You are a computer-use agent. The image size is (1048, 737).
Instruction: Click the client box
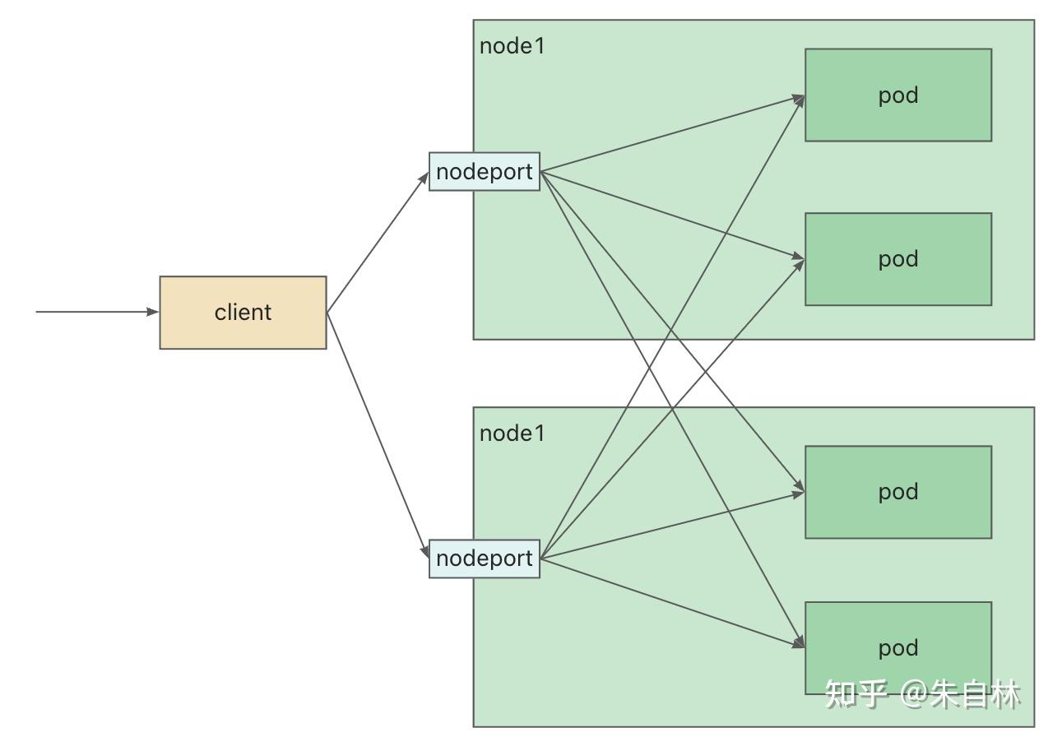(243, 313)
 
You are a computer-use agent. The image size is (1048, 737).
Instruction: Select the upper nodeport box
(485, 172)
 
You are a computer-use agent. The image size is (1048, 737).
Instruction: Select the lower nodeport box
(485, 559)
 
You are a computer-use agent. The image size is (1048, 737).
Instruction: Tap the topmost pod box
(898, 95)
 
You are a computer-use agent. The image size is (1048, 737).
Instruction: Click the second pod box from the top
(898, 259)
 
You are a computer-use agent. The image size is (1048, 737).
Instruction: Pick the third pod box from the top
(898, 492)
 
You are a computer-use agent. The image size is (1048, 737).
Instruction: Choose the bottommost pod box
(898, 648)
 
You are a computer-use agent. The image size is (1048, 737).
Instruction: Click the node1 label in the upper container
(512, 46)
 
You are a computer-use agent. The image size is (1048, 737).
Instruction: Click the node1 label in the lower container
(512, 433)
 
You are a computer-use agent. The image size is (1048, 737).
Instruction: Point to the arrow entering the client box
(97, 312)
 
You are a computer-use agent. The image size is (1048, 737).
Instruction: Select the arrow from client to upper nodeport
(378, 242)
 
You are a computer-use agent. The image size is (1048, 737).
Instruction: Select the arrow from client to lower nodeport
(378, 435)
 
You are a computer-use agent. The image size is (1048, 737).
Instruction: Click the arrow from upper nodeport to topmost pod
(672, 134)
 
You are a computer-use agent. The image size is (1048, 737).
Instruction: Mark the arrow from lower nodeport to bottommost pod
(672, 603)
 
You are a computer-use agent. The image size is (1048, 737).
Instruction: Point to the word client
(243, 312)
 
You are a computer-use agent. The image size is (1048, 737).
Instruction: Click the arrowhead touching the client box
(153, 312)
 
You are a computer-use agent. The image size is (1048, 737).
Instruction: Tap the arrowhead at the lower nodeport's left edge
(424, 551)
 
